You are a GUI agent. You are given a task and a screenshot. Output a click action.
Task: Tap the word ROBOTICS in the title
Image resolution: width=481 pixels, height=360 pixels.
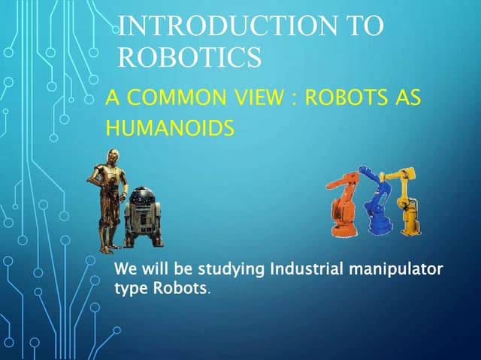point(189,56)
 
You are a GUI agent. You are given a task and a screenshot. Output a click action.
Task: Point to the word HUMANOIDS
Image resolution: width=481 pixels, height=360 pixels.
point(169,128)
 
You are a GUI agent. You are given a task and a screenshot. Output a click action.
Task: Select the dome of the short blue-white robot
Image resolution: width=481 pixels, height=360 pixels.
point(142,196)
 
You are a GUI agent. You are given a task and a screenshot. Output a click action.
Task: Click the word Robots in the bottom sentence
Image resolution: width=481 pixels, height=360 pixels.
point(180,288)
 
